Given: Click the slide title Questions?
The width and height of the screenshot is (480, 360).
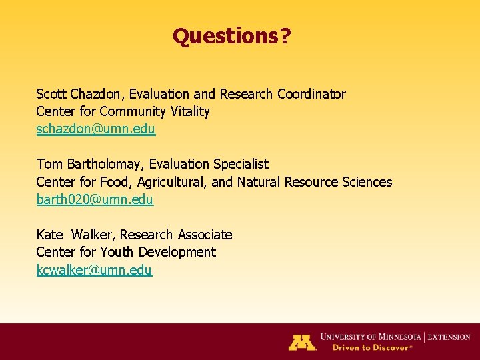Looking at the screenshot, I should [x=231, y=36].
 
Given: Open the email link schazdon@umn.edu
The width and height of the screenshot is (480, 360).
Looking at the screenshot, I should [x=96, y=129].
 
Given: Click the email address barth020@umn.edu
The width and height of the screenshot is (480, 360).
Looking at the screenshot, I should [x=95, y=199].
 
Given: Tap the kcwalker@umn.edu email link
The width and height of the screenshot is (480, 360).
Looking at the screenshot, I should [x=94, y=270].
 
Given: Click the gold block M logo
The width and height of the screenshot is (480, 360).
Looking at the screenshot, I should [x=302, y=342].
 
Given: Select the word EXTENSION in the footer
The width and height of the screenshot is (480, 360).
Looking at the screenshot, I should [x=449, y=337].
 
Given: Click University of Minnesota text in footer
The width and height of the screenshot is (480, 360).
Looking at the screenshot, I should [x=374, y=337].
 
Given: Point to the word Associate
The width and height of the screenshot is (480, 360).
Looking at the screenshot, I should [x=205, y=235].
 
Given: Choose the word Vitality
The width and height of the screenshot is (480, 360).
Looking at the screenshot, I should [x=190, y=111].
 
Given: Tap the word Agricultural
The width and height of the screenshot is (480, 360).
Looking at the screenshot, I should [x=170, y=182].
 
